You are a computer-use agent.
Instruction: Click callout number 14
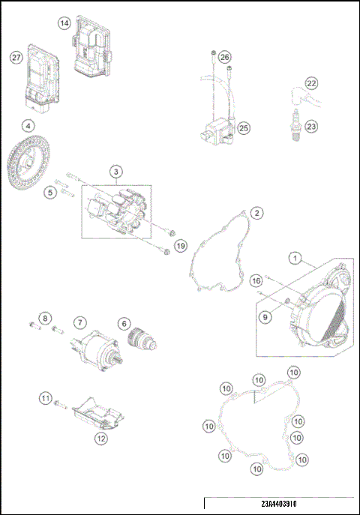tap(64, 24)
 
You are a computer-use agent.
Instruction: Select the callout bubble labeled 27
tap(16, 57)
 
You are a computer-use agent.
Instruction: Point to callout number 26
tap(225, 58)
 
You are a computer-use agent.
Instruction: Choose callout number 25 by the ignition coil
tap(244, 128)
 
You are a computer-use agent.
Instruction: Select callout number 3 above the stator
tap(116, 172)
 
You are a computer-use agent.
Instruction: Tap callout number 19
tap(180, 246)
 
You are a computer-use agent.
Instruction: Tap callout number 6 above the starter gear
tap(124, 323)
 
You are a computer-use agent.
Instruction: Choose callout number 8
tap(45, 319)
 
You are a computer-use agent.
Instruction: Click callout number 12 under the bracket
tap(100, 439)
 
